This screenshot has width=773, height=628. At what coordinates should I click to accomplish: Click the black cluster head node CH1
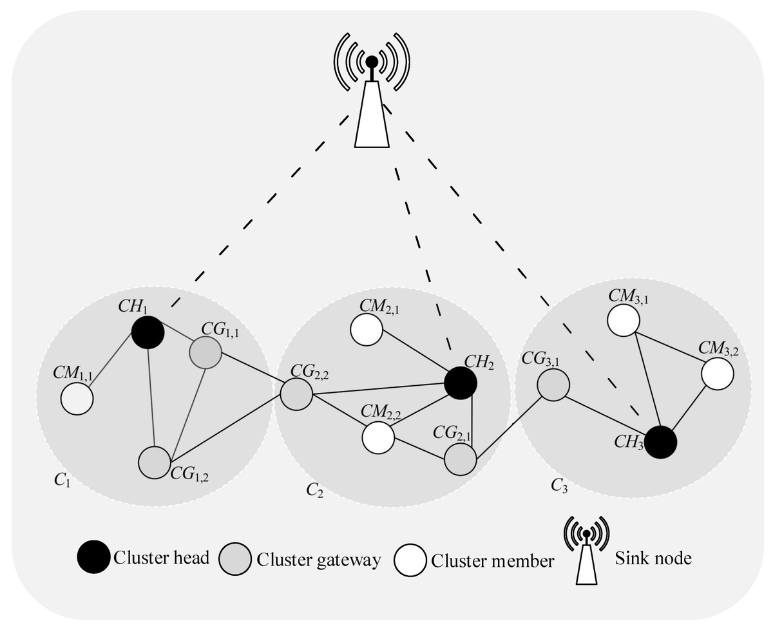(148, 332)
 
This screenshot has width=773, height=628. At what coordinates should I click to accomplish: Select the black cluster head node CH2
(461, 383)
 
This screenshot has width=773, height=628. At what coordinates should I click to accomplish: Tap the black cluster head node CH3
(660, 442)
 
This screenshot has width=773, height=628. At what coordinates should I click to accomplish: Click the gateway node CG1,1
(205, 352)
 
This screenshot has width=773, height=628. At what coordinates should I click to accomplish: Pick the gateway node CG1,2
(154, 462)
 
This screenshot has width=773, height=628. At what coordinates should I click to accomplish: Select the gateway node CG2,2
(296, 393)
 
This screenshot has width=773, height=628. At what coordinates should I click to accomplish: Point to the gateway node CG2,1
(460, 459)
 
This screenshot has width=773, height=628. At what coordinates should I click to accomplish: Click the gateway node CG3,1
(553, 385)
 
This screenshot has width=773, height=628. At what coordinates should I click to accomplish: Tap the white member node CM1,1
(77, 399)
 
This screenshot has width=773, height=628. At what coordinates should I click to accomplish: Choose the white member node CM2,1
(367, 330)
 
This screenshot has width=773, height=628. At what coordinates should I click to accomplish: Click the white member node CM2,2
(378, 437)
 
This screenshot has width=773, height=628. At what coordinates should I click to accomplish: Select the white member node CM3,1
(623, 320)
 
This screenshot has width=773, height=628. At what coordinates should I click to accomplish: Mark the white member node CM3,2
(718, 373)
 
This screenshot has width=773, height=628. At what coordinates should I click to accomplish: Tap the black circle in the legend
(94, 558)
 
